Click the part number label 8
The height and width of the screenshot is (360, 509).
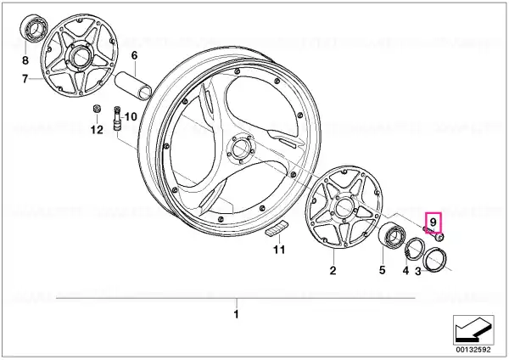(x=25, y=60)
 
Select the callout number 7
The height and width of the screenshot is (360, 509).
(x=25, y=79)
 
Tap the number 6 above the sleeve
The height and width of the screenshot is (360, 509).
(x=134, y=55)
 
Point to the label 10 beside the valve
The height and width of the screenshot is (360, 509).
(x=131, y=116)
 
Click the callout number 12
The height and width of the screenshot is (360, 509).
(x=97, y=130)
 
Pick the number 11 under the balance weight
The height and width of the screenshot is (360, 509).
(x=279, y=250)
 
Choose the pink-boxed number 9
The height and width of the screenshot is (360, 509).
(x=433, y=222)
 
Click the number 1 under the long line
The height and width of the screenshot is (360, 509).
(x=237, y=314)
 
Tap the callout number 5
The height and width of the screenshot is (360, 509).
(x=382, y=270)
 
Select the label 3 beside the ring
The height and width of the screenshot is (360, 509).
(x=418, y=271)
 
